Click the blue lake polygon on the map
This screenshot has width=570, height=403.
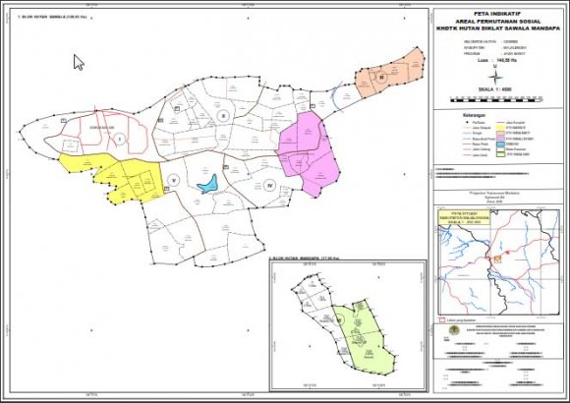[x=207, y=184]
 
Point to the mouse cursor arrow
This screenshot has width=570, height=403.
[x=79, y=61]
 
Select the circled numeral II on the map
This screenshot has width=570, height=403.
[x=223, y=117]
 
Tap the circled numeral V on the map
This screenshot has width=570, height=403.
[x=173, y=179]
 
